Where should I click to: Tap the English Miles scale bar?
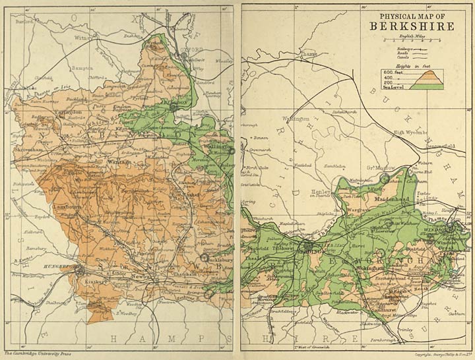click(413, 41)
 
